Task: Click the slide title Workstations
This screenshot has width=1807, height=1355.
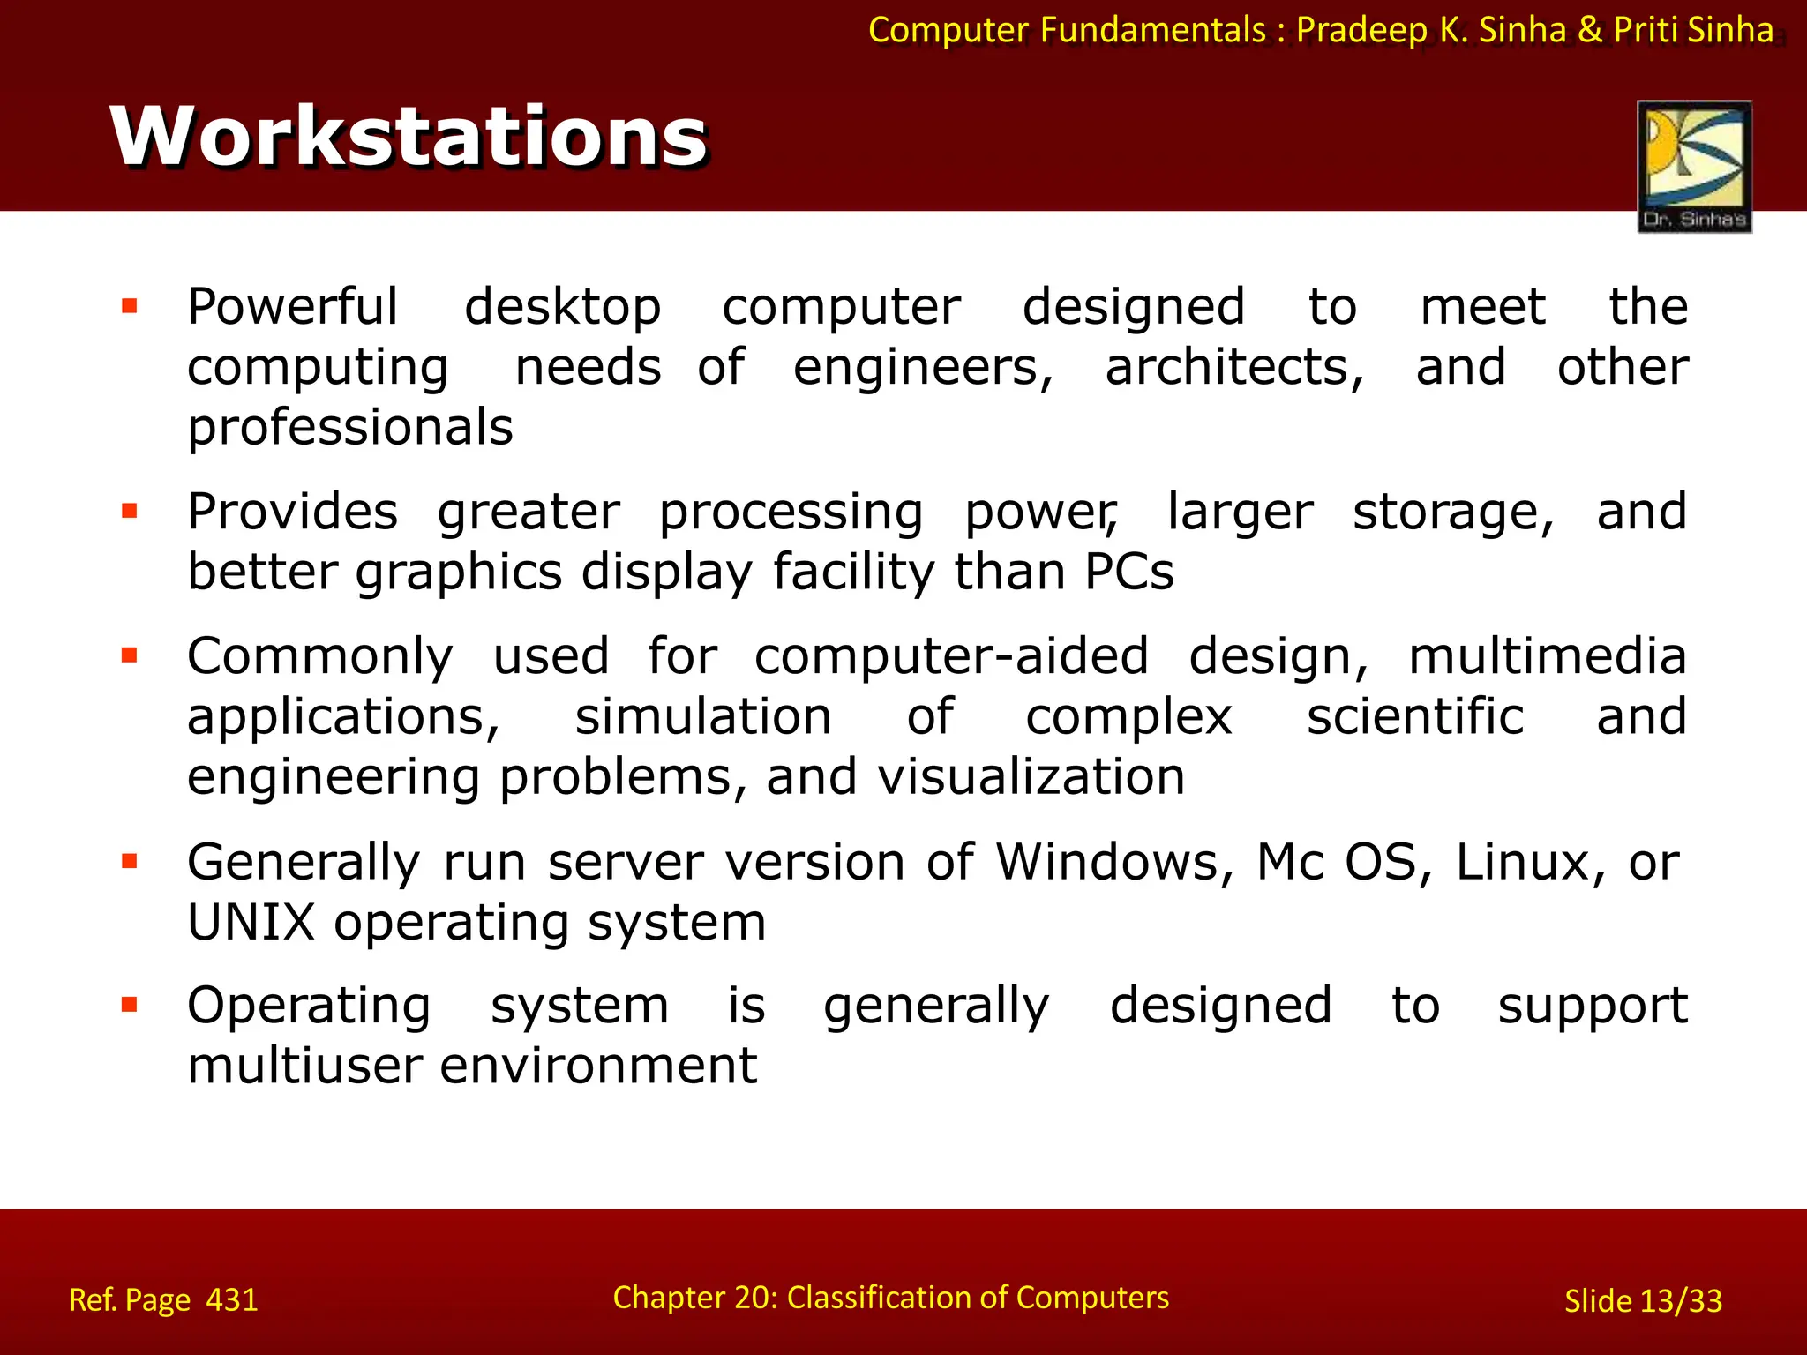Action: (409, 136)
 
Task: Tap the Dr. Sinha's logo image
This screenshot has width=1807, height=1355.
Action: (1694, 167)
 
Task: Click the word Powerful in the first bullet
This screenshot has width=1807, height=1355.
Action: (292, 307)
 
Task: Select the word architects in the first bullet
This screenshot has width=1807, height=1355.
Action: (1233, 367)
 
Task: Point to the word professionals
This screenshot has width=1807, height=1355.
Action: (349, 428)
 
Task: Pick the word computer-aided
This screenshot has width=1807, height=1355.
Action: (951, 657)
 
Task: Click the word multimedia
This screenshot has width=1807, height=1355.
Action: (1548, 657)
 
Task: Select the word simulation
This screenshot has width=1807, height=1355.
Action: (703, 716)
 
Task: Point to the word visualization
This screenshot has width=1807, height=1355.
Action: (1031, 777)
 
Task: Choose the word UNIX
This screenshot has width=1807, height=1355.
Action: (251, 923)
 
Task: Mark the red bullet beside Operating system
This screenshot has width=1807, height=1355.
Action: (130, 1005)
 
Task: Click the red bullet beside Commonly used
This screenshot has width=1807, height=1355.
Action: (130, 655)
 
